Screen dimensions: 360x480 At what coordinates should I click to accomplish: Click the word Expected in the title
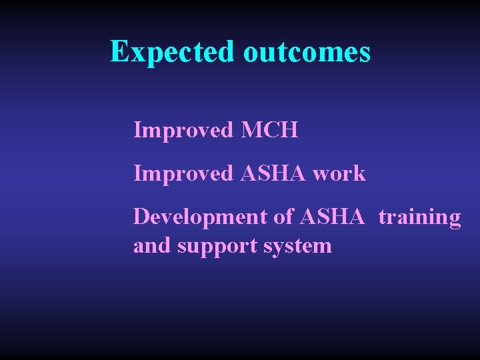172,52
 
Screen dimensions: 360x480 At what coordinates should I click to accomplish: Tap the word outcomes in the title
306,52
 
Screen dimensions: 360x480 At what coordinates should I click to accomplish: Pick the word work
339,173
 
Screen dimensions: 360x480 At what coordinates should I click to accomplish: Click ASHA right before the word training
333,217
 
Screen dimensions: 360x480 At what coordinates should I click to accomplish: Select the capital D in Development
141,217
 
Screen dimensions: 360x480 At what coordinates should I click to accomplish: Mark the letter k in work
360,173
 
